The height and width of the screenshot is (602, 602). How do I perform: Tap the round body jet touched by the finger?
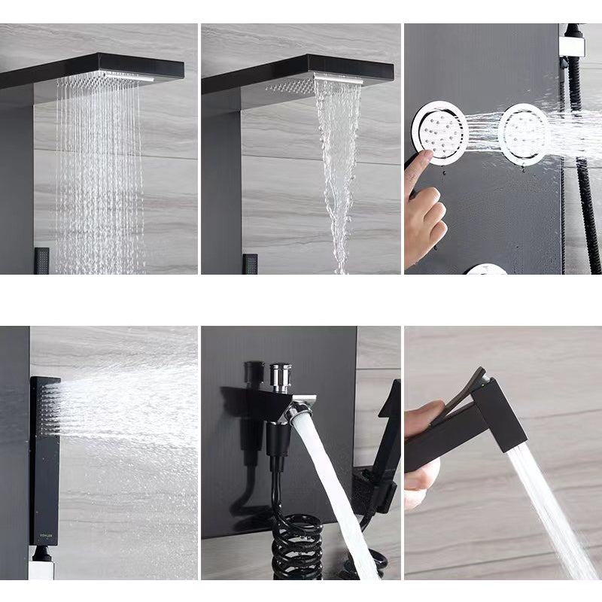pyautogui.click(x=440, y=134)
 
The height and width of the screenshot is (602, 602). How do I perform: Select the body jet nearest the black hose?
pyautogui.click(x=524, y=134)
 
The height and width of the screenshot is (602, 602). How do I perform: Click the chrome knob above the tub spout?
pyautogui.click(x=280, y=375)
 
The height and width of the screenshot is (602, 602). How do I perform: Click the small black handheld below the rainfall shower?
pyautogui.click(x=41, y=260)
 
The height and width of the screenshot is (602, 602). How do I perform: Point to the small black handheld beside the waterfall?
pyautogui.click(x=250, y=263)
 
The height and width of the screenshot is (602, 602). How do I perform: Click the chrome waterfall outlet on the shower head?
pyautogui.click(x=338, y=79)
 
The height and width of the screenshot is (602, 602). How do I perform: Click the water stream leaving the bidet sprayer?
pyautogui.click(x=549, y=512)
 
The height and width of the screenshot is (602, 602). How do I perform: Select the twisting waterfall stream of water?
pyautogui.click(x=337, y=173)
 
